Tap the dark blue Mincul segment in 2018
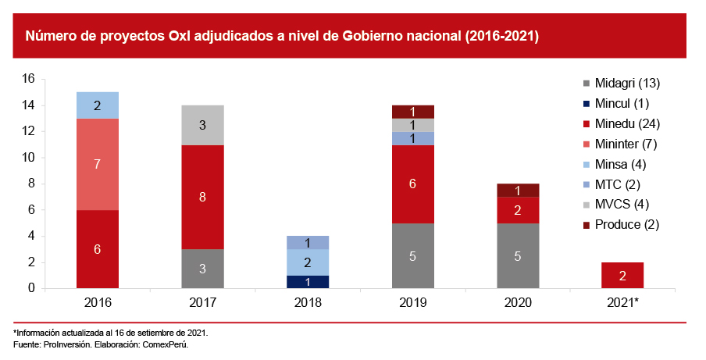point(308,282)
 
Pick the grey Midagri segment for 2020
point(518,255)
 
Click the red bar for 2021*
point(622,276)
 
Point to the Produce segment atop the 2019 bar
point(412,112)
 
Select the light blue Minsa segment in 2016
point(98,105)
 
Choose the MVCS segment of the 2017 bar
point(202,125)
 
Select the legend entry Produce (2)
point(624,225)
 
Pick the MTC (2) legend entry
point(617,184)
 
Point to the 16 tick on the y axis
point(29,79)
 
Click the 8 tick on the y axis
point(31,184)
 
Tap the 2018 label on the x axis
point(308,303)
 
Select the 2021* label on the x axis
point(623,303)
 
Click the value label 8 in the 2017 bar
point(202,198)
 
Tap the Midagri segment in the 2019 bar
point(412,255)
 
